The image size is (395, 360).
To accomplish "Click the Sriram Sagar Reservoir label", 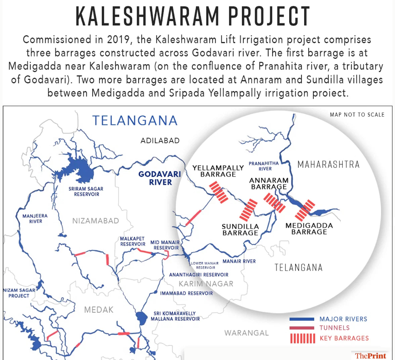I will click(86, 191).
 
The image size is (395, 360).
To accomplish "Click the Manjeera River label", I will click(35, 218).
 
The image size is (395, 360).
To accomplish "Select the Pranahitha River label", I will click(263, 166).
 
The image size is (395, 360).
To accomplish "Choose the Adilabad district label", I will click(160, 141).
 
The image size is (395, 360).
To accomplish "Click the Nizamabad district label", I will click(95, 221).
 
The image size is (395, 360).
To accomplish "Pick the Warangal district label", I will click(246, 333).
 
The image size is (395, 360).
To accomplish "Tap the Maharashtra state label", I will click(328, 164).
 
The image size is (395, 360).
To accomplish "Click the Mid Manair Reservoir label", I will click(166, 245).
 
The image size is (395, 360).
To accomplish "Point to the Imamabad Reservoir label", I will click(186, 293).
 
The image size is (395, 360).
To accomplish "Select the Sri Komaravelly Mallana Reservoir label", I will click(176, 316).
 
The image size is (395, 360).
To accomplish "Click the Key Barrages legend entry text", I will click(344, 338).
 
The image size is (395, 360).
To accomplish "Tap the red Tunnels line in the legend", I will click(302, 328).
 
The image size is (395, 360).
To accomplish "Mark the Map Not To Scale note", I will click(357, 115).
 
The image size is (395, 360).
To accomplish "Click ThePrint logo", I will click(370, 355).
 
